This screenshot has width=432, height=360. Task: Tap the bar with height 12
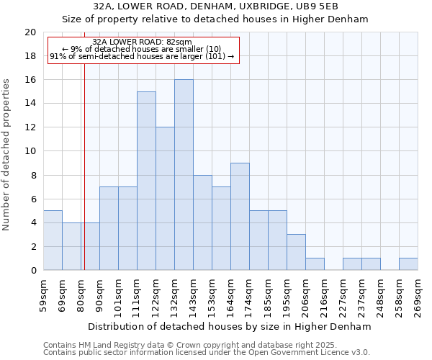[x=165, y=199]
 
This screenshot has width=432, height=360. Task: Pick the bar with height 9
[x=240, y=217]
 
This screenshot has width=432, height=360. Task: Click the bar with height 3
[x=296, y=252]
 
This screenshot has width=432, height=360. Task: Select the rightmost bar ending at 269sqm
[x=408, y=264]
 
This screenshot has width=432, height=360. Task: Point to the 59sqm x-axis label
[x=43, y=295]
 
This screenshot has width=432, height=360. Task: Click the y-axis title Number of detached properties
[x=7, y=154]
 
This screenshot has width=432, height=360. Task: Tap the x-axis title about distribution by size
[x=230, y=326]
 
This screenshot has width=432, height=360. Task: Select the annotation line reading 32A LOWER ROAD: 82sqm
[x=143, y=42]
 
